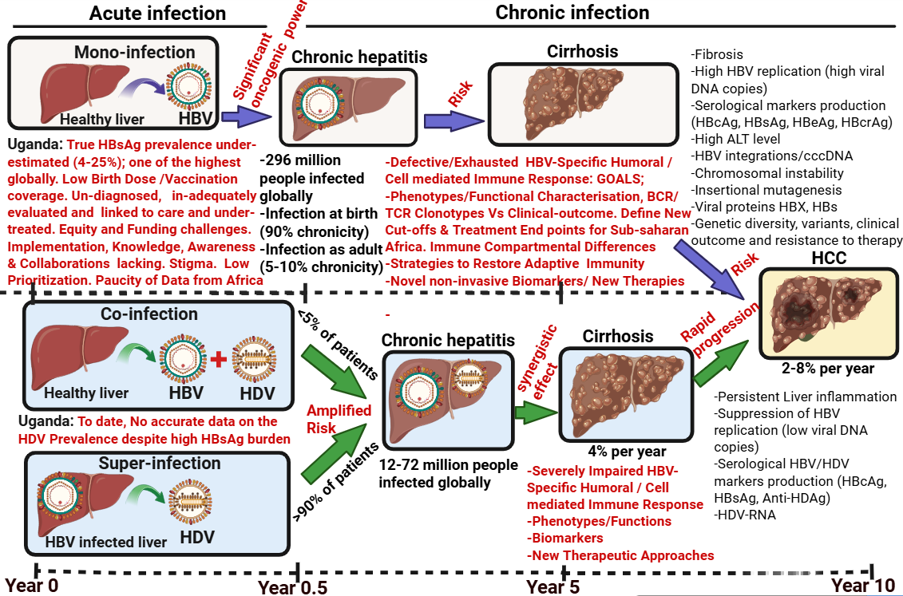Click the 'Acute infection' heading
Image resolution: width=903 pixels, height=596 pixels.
pyautogui.click(x=157, y=13)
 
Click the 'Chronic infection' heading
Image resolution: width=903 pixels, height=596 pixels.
pyautogui.click(x=572, y=12)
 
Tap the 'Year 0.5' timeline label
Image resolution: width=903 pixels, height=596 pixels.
pyautogui.click(x=293, y=586)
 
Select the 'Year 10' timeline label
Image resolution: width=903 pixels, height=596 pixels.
pyautogui.click(x=863, y=585)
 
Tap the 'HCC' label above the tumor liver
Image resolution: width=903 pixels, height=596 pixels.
pyautogui.click(x=829, y=259)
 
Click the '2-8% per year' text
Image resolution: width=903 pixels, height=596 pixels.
pyautogui.click(x=827, y=369)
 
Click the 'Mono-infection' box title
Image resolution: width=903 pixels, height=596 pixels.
pyautogui.click(x=134, y=53)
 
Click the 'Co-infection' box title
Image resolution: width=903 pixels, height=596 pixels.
pyautogui.click(x=149, y=314)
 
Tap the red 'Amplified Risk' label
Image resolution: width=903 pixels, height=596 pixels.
pyautogui.click(x=339, y=419)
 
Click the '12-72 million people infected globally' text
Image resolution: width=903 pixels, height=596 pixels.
pyautogui.click(x=438, y=474)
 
